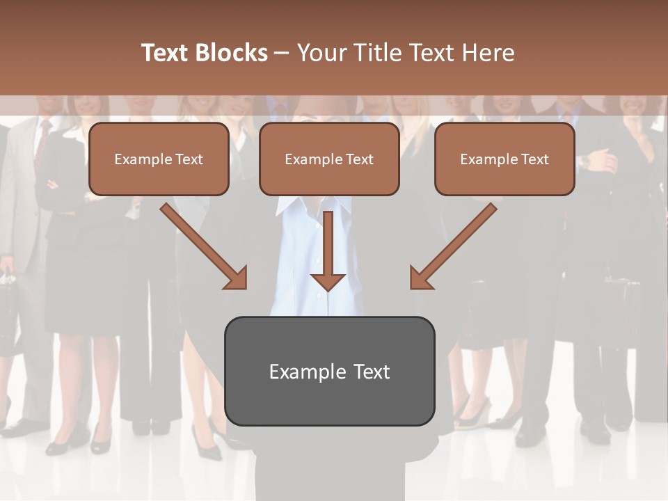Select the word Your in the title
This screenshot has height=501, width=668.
point(324,53)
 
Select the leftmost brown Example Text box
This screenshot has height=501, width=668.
point(159,159)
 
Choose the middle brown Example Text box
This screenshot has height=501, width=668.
point(329,159)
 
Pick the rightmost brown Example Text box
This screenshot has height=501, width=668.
point(504,159)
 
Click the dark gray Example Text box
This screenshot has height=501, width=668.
point(329,371)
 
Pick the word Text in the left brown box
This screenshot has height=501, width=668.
point(189,159)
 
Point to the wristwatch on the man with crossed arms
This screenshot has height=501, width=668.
point(585,161)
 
